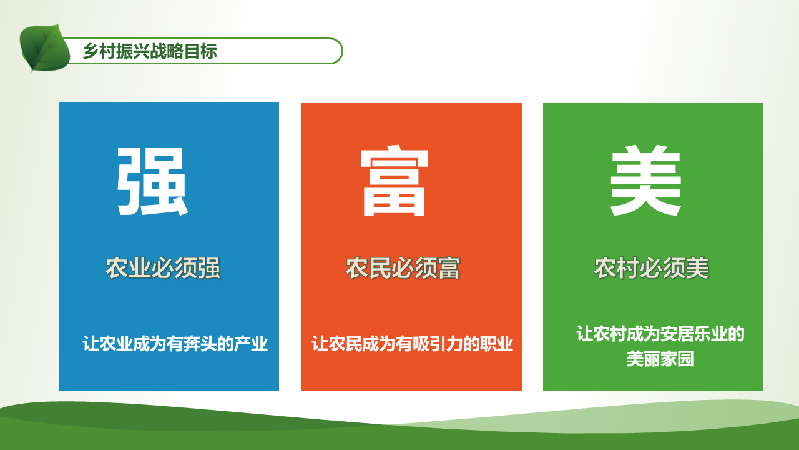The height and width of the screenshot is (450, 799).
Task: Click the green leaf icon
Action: [44, 48]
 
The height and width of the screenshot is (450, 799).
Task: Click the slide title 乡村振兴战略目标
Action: [150, 51]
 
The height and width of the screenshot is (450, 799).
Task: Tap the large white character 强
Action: [152, 181]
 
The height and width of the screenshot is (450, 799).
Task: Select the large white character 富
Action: [394, 181]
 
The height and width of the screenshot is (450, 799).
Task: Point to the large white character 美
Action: [645, 180]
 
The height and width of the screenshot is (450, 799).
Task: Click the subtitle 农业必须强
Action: [163, 268]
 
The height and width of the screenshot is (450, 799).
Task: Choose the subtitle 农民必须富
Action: [403, 268]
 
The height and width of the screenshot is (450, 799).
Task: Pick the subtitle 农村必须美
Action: [651, 268]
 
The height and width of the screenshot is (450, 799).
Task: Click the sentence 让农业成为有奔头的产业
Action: [175, 344]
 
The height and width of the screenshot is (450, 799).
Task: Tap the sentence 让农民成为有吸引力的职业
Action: [413, 344]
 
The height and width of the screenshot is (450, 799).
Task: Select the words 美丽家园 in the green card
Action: [660, 359]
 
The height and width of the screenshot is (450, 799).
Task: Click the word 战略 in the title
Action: [167, 51]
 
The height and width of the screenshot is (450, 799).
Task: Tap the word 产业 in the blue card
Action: [251, 344]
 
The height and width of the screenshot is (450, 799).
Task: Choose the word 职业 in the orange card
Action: [496, 344]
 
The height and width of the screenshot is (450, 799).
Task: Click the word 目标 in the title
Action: [200, 51]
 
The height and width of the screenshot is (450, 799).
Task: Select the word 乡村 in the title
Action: [99, 51]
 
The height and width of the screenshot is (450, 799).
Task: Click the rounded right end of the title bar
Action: [341, 51]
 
